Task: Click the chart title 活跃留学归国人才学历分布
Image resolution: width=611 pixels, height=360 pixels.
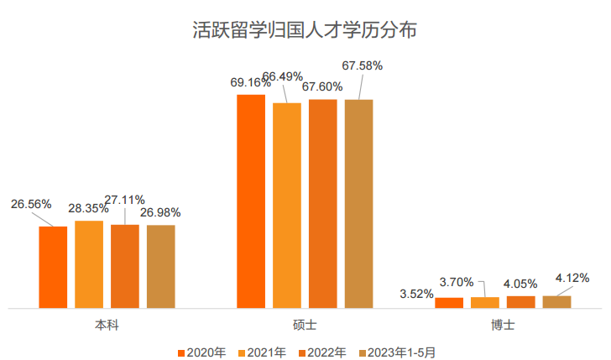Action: tap(305, 31)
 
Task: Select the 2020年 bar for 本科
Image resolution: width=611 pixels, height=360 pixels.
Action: tap(53, 267)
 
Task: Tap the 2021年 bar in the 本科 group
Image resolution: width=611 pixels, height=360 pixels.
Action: tap(89, 264)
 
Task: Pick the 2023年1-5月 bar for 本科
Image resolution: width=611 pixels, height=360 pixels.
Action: tap(161, 266)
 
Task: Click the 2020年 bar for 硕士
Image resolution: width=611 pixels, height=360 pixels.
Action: tap(251, 201)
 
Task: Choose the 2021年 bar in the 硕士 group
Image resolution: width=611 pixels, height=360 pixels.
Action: tap(287, 206)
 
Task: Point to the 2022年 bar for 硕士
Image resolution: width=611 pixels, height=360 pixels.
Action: tap(323, 204)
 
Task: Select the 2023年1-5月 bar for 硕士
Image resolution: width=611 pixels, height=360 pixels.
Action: tap(359, 204)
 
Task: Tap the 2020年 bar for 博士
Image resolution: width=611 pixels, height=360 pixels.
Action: tap(449, 302)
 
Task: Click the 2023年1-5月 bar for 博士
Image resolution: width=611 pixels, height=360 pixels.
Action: tap(557, 301)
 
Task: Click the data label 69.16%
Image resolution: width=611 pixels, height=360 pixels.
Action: tap(251, 82)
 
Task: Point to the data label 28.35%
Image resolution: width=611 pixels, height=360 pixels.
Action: tap(89, 208)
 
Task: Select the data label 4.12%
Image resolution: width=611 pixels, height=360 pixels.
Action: tap(572, 278)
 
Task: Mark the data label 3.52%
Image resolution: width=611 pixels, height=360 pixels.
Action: tap(417, 294)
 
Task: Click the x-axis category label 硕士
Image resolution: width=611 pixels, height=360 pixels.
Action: tap(305, 323)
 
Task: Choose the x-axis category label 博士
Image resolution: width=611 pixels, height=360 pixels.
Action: tap(504, 323)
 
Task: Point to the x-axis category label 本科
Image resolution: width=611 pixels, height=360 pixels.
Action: tap(107, 323)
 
